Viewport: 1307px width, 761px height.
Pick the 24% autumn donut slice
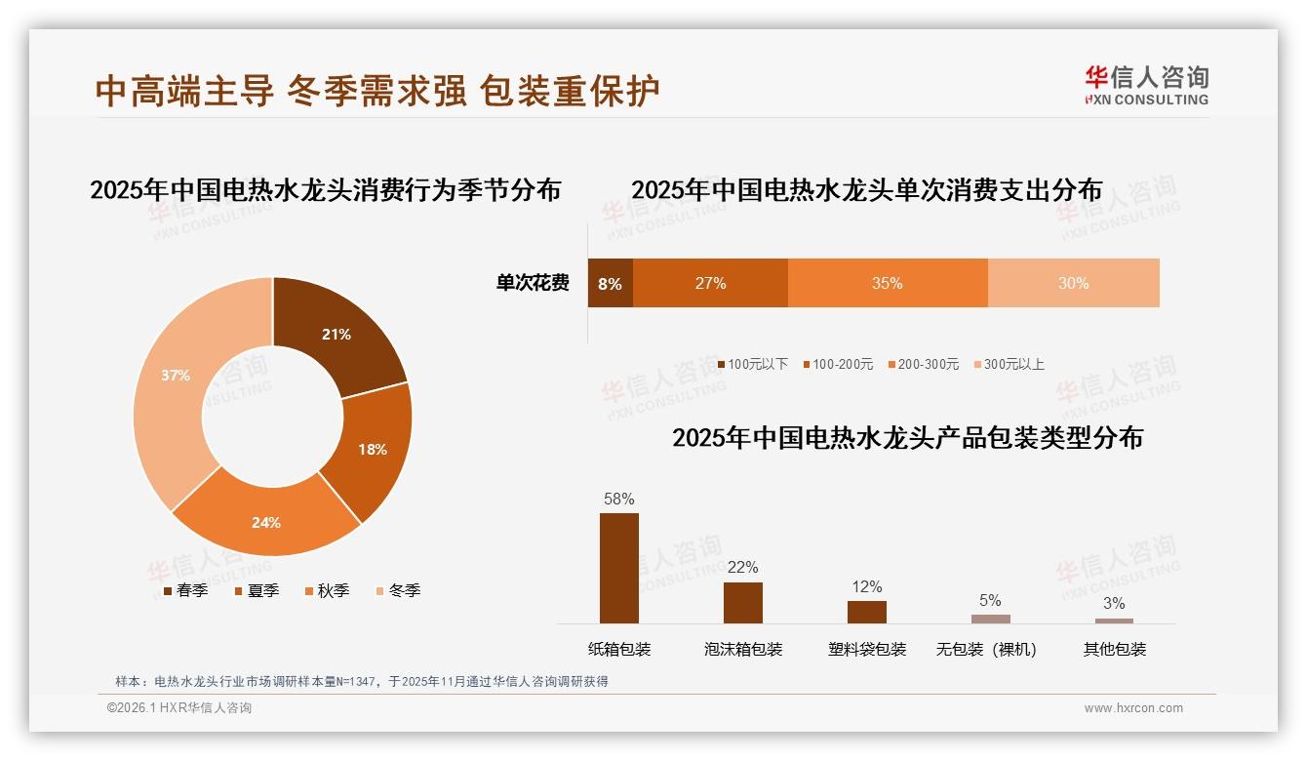click(x=265, y=522)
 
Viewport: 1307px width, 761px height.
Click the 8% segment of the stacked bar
click(x=610, y=283)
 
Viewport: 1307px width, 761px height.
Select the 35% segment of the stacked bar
click(x=887, y=283)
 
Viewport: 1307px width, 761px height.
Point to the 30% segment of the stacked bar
click(x=1073, y=283)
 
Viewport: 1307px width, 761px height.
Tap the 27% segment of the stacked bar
click(x=710, y=283)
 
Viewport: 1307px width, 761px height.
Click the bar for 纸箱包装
click(x=618, y=568)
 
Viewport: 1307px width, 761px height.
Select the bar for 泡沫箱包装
click(x=742, y=602)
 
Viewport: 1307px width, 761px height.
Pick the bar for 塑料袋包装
click(x=866, y=612)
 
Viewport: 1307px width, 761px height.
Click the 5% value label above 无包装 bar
click(x=990, y=600)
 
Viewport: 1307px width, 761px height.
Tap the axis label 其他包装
click(x=1114, y=649)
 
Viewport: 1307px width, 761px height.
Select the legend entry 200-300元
click(x=927, y=364)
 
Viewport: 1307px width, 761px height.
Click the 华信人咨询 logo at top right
click(x=1146, y=85)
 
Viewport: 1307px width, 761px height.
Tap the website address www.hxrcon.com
click(x=1133, y=708)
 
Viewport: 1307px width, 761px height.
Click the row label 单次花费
click(x=533, y=283)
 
